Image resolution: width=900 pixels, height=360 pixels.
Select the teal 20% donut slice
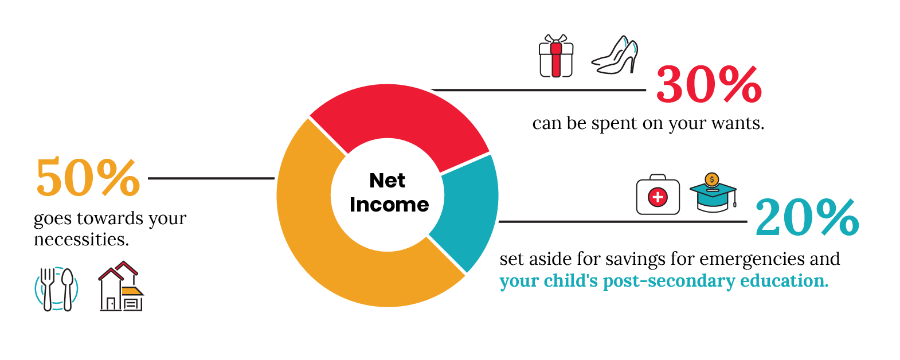470,209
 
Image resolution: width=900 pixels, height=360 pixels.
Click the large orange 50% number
88,177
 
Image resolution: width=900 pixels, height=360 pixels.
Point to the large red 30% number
709,85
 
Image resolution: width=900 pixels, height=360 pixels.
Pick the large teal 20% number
807,217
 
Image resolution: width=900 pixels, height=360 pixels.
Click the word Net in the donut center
388,181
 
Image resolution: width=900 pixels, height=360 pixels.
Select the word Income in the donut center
389,205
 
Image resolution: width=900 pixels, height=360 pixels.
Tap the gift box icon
556,56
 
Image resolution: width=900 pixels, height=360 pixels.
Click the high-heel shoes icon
615,55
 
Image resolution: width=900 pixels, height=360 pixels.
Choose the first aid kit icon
658,194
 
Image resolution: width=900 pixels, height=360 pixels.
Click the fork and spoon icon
56,289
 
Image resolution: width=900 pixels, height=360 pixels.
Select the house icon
121,286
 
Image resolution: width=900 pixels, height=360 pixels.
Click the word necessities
81,240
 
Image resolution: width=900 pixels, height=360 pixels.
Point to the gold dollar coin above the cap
712,179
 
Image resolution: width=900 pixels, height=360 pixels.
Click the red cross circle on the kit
658,197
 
